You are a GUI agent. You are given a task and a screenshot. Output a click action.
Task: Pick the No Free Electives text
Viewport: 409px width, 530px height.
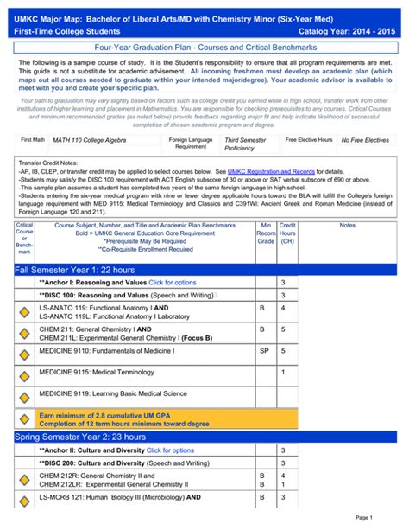click(x=366, y=140)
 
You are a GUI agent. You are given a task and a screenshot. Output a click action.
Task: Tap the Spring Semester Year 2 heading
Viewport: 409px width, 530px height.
click(x=79, y=437)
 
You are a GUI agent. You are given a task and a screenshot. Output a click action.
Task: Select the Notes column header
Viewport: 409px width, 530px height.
click(x=347, y=225)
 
